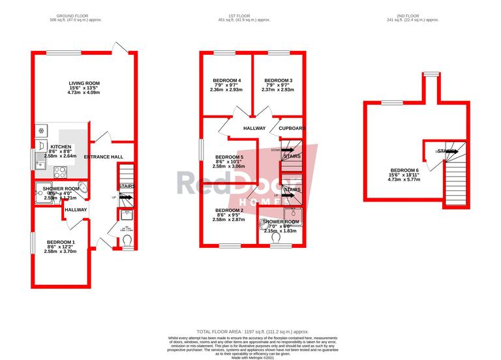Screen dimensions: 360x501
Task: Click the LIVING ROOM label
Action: point(84,83)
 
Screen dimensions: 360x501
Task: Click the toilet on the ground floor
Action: point(127,241)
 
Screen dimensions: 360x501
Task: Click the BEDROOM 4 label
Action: point(226,81)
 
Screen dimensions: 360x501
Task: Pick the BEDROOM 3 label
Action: point(277,81)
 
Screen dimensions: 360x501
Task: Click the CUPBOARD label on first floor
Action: point(292,128)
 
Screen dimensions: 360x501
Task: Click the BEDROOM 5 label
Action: point(229,157)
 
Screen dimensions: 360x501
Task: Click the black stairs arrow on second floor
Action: point(448,151)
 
